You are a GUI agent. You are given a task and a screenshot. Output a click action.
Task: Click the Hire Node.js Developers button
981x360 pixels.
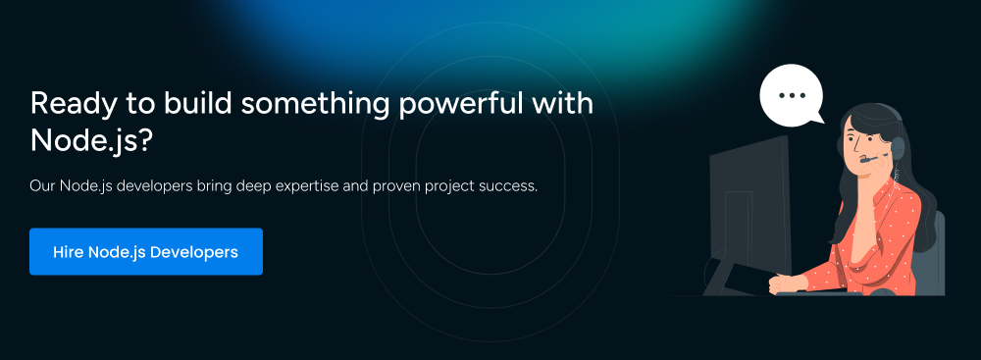coord(146,252)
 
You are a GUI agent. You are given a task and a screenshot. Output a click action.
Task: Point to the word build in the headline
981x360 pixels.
coord(198,103)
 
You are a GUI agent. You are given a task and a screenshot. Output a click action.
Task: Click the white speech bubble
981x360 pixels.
coord(792,95)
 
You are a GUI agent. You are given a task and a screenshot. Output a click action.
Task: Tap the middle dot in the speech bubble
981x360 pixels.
coord(792,95)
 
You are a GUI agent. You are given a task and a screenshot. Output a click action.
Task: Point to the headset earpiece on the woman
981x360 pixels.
coord(899,148)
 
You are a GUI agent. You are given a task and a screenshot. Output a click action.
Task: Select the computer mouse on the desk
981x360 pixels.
coord(883,291)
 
